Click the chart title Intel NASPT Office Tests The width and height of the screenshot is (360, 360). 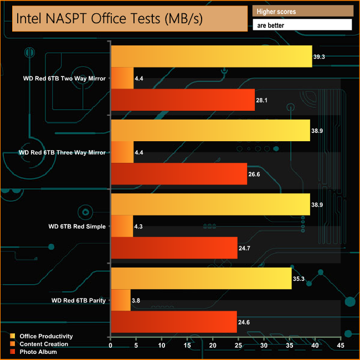[x=110, y=18]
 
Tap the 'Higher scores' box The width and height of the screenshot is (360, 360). [x=302, y=11]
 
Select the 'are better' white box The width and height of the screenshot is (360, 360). [x=302, y=25]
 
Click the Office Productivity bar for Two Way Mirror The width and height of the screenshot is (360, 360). [x=212, y=56]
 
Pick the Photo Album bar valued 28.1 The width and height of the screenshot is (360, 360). [x=183, y=100]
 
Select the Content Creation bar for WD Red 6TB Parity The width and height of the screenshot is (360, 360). [x=121, y=300]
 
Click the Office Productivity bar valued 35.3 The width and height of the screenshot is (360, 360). [x=201, y=278]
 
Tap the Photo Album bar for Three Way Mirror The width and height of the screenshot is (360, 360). [x=179, y=174]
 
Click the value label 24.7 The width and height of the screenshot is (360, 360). [x=245, y=248]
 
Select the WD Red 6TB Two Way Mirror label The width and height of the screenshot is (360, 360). [x=62, y=78]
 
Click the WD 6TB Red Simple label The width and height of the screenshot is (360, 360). [x=77, y=226]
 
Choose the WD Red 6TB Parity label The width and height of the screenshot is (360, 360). [x=79, y=300]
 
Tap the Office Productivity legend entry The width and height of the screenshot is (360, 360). [x=46, y=336]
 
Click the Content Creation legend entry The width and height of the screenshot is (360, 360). [x=44, y=344]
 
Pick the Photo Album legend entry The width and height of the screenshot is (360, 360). [x=38, y=352]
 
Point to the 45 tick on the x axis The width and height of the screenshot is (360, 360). [x=340, y=346]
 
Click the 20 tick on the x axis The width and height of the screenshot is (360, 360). [x=213, y=346]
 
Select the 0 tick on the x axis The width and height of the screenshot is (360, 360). [x=111, y=346]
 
